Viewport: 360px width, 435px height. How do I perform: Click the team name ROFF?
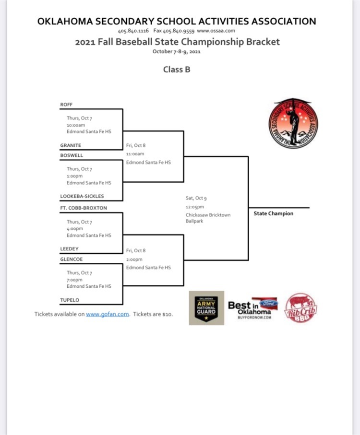(x=66, y=105)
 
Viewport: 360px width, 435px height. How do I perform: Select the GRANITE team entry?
(x=71, y=145)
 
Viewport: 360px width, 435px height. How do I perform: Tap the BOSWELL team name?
(x=72, y=155)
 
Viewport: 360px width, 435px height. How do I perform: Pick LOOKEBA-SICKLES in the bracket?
(x=82, y=196)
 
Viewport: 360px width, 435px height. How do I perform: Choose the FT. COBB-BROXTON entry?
(x=84, y=208)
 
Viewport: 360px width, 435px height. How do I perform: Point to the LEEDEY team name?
(x=70, y=249)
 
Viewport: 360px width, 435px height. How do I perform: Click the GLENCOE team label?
(x=72, y=259)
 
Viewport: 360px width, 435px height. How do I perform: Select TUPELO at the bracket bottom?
(x=70, y=300)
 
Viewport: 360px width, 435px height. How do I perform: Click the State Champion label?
(x=274, y=213)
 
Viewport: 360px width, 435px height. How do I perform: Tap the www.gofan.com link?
(x=108, y=314)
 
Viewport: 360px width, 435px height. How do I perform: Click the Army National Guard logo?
(x=206, y=308)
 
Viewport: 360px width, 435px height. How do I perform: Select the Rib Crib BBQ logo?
(x=300, y=308)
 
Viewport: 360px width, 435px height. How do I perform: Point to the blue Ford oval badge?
(x=269, y=303)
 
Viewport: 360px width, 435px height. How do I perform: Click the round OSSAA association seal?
(x=293, y=123)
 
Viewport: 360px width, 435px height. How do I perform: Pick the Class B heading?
(x=177, y=70)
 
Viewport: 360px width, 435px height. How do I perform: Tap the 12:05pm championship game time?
(x=195, y=207)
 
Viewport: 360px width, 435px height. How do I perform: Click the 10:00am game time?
(x=76, y=125)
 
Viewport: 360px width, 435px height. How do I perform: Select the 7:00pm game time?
(x=74, y=280)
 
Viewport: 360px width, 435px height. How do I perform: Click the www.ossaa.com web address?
(x=216, y=31)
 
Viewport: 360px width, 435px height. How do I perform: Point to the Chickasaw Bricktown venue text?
(x=208, y=215)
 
